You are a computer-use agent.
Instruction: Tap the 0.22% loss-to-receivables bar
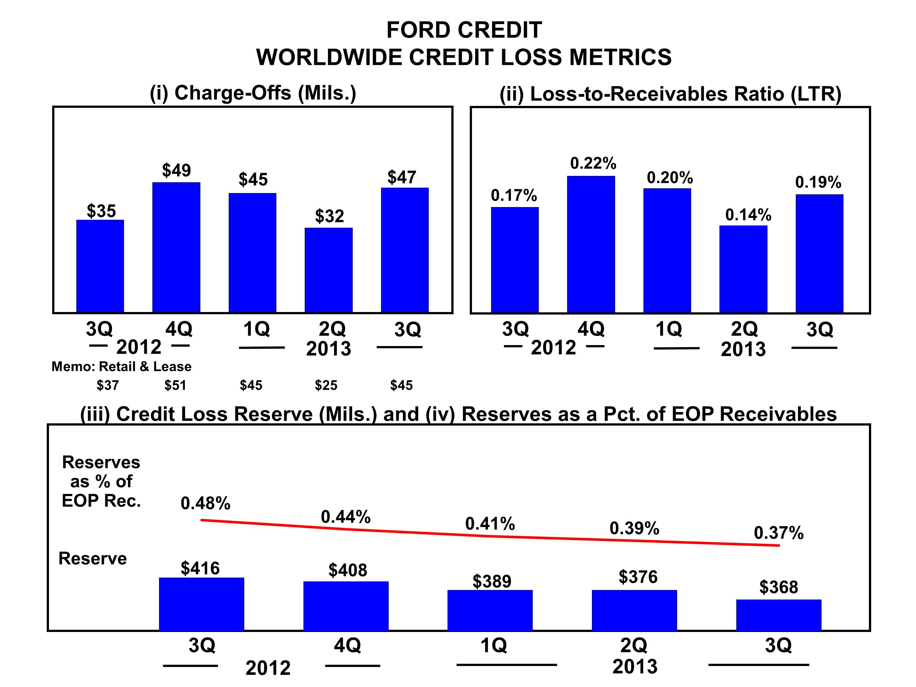pos(591,244)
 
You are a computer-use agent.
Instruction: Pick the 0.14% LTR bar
pos(743,269)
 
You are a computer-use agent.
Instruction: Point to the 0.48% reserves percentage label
pos(205,503)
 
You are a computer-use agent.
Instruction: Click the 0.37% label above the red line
pos(779,533)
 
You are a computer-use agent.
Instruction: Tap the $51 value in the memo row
pos(175,385)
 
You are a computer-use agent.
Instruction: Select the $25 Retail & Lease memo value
pos(326,385)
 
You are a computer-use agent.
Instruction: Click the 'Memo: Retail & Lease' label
pos(121,366)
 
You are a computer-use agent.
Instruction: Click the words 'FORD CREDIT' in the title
pos(464,30)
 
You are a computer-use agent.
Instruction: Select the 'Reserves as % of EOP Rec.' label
pos(101,481)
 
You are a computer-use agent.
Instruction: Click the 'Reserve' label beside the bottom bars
pos(93,559)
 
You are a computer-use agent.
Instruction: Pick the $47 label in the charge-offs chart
pos(401,177)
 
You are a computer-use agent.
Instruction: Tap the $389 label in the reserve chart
pos(492,581)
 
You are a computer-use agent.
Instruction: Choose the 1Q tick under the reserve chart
pos(493,645)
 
